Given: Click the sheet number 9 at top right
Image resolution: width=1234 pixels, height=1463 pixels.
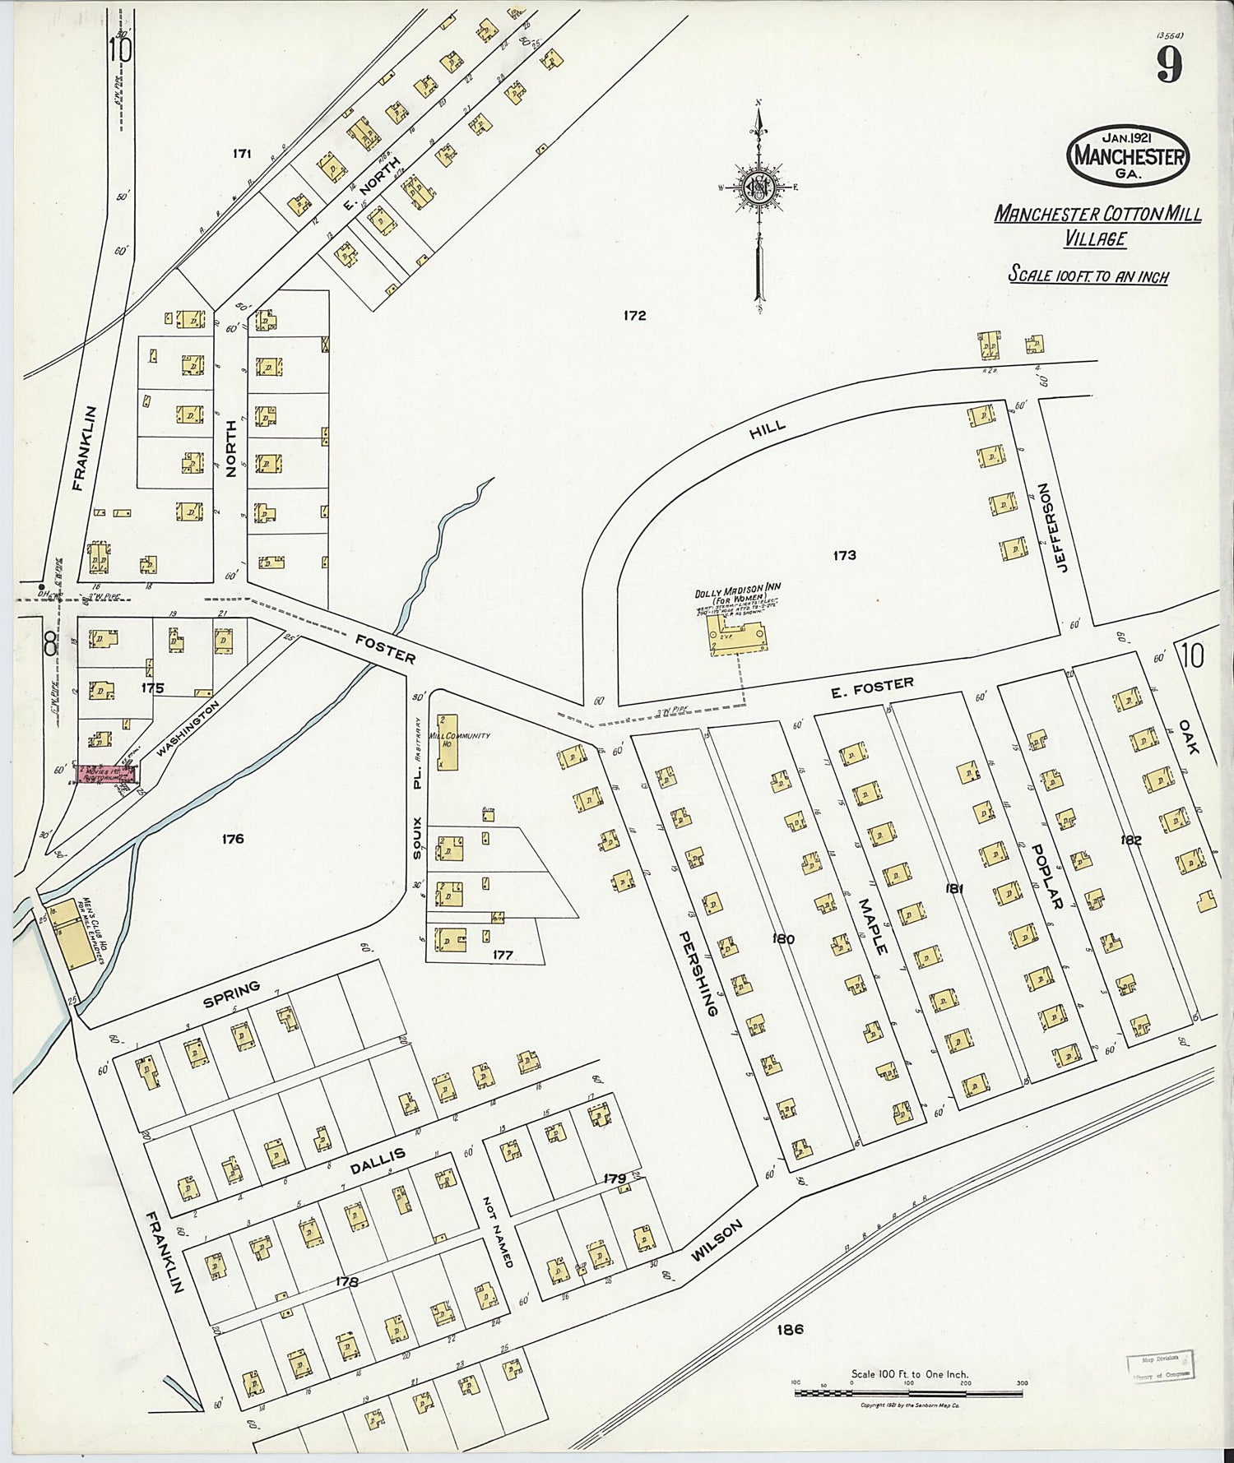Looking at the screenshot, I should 1169,65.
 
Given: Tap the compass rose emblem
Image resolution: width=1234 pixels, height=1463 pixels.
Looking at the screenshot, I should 757,189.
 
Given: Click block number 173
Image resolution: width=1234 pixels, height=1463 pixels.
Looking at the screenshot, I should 844,555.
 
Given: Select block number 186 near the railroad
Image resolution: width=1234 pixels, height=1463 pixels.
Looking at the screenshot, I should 788,1329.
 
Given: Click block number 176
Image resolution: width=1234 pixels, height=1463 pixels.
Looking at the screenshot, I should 233,839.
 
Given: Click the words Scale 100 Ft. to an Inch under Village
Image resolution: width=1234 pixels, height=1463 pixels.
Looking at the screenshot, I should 1088,275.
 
